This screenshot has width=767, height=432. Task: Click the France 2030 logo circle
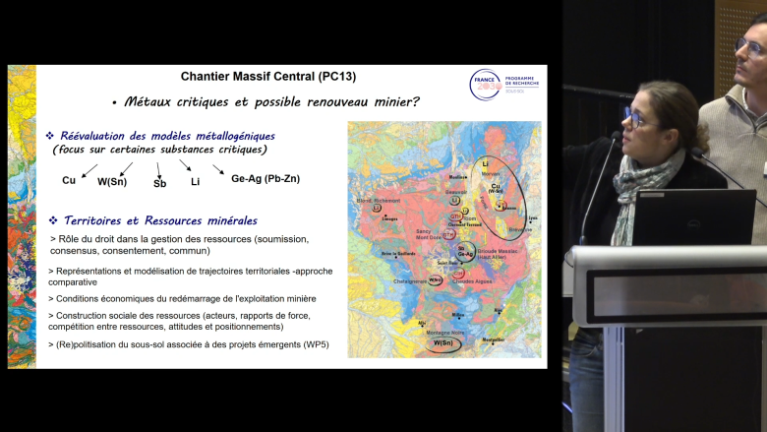coord(486,85)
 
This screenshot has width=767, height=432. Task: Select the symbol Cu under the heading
coord(69,180)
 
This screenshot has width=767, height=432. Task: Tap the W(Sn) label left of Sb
coord(111,181)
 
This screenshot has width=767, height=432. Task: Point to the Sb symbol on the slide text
coord(160,183)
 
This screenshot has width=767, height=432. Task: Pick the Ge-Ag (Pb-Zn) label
coord(265,178)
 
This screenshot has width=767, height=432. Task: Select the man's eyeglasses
coord(749,45)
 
